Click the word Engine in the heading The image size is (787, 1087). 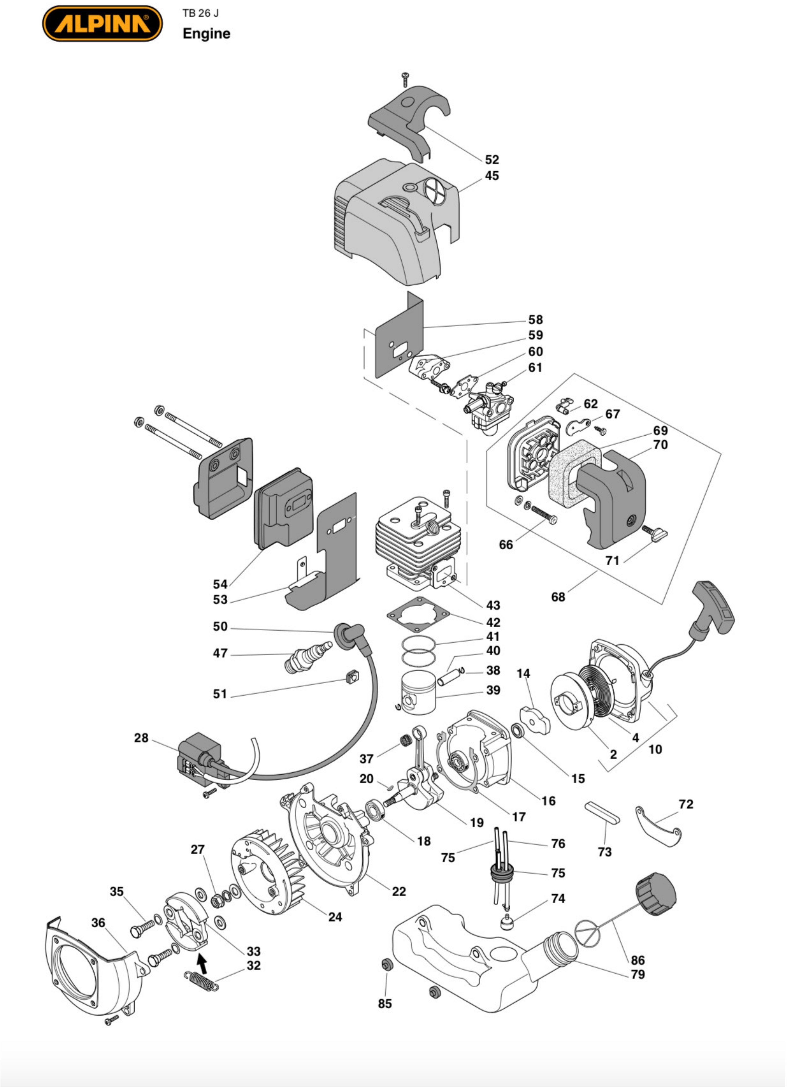(x=207, y=34)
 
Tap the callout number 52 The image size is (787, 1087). (x=491, y=160)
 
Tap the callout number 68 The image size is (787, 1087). (x=558, y=597)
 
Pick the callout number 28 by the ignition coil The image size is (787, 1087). (x=141, y=738)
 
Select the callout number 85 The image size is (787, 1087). (x=385, y=1003)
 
